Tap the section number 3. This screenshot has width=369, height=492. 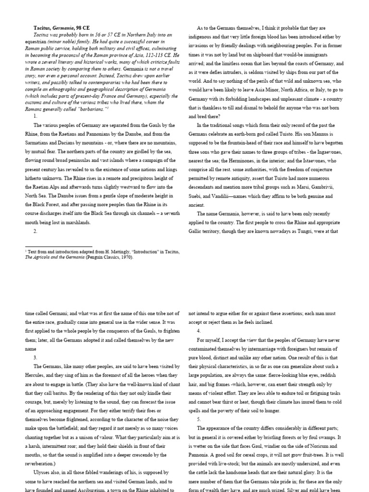pyautogui.click(x=35, y=357)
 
